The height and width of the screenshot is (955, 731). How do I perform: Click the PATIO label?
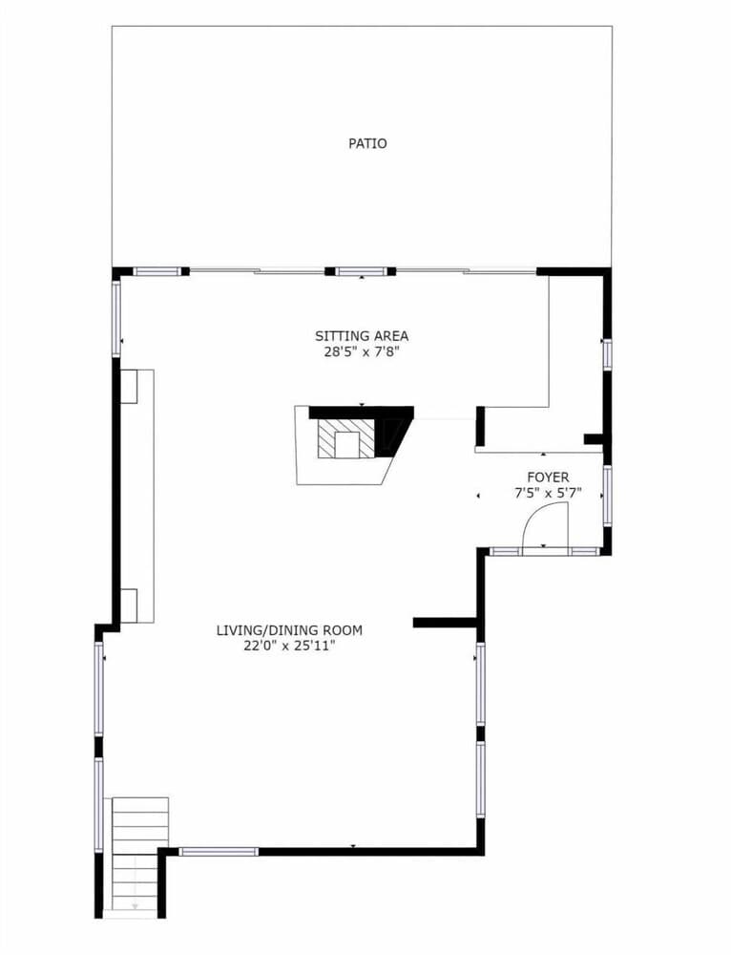(x=367, y=144)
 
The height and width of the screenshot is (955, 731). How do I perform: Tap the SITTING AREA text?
(x=362, y=335)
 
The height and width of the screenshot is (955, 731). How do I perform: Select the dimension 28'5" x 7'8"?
(x=362, y=352)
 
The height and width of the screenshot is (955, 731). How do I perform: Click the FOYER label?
(x=548, y=477)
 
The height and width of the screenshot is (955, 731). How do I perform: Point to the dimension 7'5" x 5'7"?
(x=548, y=494)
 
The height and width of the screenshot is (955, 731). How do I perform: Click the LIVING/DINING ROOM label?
(x=289, y=630)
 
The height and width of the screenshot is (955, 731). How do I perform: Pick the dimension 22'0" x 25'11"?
(x=289, y=647)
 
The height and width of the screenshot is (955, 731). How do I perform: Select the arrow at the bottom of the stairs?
(x=136, y=905)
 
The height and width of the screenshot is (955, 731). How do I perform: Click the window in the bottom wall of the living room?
(x=219, y=852)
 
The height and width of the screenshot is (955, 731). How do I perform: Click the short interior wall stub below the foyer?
(x=445, y=623)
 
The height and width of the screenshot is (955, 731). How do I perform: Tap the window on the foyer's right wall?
(x=607, y=495)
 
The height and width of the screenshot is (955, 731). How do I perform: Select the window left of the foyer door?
(x=505, y=552)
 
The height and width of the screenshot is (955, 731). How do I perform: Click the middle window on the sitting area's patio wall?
(x=362, y=271)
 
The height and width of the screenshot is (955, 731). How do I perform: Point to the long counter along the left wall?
(x=137, y=496)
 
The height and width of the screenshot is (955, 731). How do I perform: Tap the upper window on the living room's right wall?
(x=480, y=684)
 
